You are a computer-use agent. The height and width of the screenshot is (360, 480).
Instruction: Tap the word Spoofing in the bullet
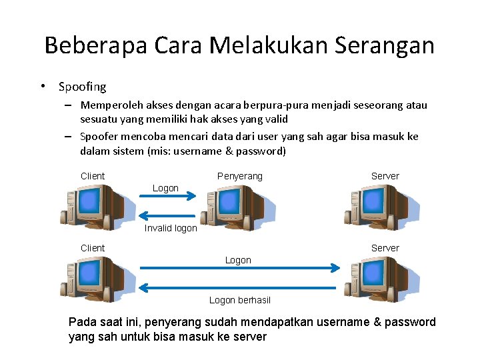[x=82, y=87]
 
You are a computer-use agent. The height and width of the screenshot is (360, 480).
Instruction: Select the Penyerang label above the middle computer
[x=240, y=176]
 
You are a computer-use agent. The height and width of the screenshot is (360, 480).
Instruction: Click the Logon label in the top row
[x=165, y=188]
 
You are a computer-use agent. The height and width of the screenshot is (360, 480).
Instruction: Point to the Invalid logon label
[x=171, y=228]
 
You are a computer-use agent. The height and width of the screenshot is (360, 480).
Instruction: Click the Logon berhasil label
[x=240, y=300]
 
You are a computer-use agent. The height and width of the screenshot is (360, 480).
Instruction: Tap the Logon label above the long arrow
[x=238, y=260]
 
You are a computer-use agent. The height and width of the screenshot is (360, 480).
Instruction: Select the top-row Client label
[x=93, y=176]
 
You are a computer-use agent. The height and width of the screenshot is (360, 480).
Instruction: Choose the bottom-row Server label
[x=385, y=248]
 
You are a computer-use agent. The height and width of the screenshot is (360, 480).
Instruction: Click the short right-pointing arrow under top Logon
[x=167, y=196]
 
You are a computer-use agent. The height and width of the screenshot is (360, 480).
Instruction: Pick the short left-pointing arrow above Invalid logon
[x=167, y=216]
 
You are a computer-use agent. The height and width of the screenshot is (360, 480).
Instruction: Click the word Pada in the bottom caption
[x=81, y=323]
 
